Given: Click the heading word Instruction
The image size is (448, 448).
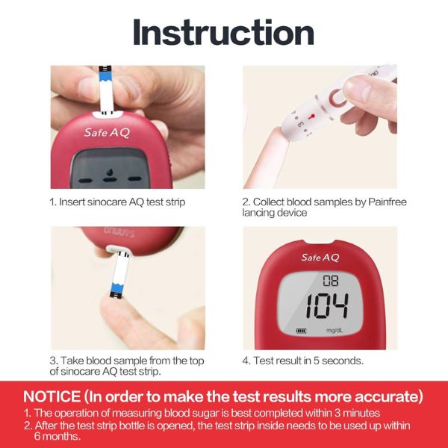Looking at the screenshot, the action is click(x=223, y=32).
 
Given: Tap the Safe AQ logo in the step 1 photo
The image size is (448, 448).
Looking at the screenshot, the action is click(x=107, y=133).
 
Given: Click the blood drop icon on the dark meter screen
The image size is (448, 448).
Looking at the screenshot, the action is click(x=110, y=172).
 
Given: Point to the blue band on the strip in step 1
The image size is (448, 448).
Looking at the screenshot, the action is click(x=105, y=77).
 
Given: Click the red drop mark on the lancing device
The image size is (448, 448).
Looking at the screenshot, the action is click(x=311, y=116).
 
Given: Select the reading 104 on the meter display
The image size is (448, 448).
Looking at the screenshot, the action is click(x=327, y=305).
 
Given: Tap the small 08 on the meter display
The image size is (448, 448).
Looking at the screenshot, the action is click(x=331, y=281).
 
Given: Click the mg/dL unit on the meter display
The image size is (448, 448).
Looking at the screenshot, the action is click(x=335, y=331).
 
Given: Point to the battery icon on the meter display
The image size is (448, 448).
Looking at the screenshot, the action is click(x=301, y=331).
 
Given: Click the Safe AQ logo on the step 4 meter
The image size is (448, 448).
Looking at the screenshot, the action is click(x=320, y=258).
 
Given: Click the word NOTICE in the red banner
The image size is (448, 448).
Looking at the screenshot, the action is click(x=52, y=396).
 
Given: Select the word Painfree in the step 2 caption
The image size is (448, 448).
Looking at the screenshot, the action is click(x=387, y=202).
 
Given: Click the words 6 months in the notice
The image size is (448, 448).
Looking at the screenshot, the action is click(x=57, y=436).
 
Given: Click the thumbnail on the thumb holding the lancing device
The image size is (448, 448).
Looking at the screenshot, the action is click(x=359, y=87).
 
